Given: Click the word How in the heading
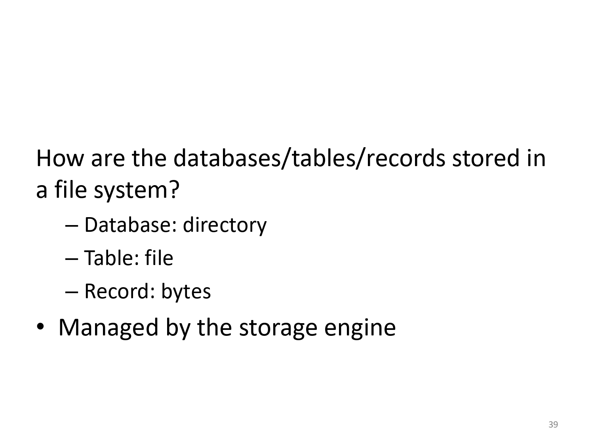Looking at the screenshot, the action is click(x=60, y=158).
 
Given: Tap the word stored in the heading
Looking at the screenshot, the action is click(x=486, y=158).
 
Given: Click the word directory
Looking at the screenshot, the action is click(x=225, y=226).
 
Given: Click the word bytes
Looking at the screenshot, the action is click(x=186, y=292).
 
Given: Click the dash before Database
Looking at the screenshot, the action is click(x=72, y=226).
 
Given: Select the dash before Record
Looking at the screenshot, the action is click(x=72, y=292).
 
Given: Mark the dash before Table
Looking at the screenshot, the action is click(x=72, y=259).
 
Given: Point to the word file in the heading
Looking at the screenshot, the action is click(x=71, y=189).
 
